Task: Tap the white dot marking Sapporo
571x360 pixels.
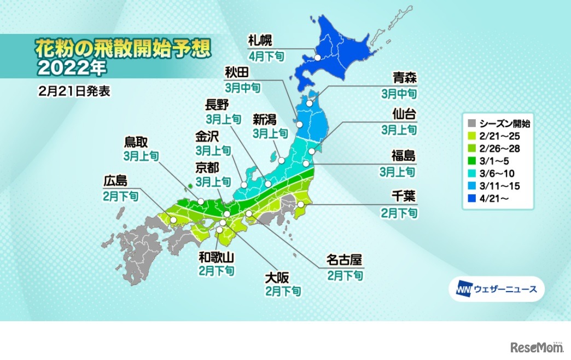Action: tap(317, 57)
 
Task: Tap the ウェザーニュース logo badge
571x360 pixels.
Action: tap(496, 288)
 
